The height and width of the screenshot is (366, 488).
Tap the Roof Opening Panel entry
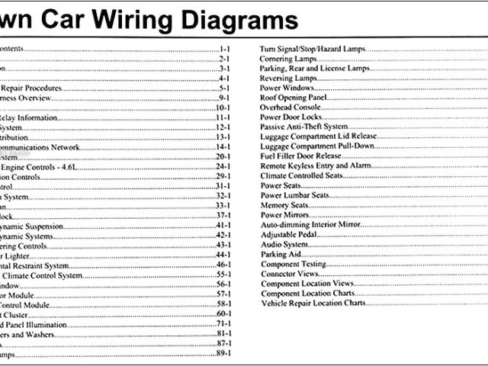coord(293,98)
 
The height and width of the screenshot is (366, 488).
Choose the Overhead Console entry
coord(288,108)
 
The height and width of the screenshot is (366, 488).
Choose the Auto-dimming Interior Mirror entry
coord(310,225)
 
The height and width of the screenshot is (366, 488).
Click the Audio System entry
coord(284,245)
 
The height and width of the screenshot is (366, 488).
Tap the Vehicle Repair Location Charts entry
coord(313,303)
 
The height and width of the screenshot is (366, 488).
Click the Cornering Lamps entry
coord(288,58)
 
